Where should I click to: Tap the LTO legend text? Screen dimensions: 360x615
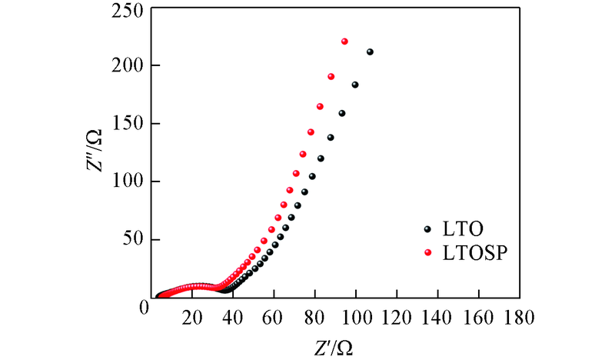pos(461,228)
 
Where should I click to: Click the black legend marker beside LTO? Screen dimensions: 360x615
pos(428,228)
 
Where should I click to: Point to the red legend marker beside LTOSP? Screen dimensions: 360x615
pos(428,252)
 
